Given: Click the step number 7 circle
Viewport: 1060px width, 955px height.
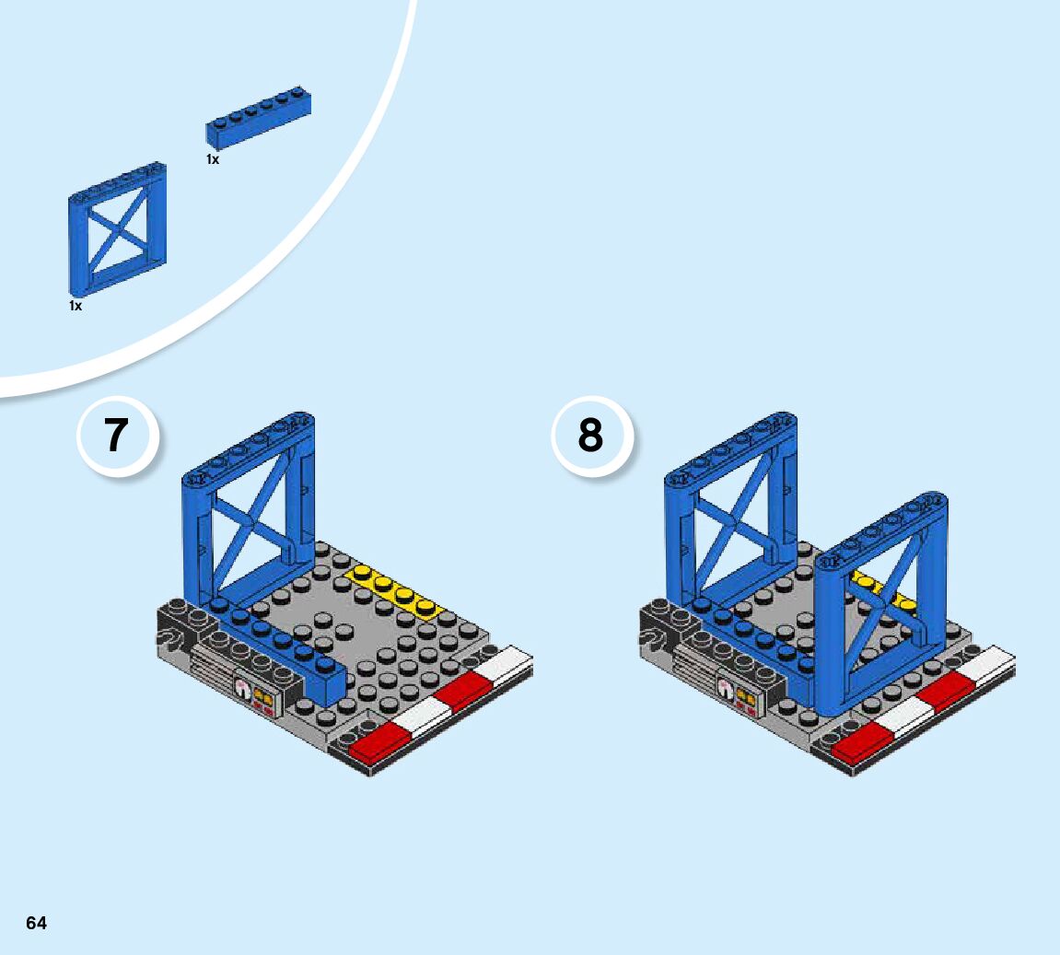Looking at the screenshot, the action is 114,437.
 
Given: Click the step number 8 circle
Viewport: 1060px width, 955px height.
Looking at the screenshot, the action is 590,437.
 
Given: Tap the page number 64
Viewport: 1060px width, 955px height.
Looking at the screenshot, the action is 36,923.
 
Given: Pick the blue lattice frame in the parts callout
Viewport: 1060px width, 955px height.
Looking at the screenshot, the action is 116,229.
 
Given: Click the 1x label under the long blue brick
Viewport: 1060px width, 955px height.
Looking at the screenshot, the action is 213,159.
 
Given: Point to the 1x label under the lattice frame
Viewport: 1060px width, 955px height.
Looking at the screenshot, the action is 76,306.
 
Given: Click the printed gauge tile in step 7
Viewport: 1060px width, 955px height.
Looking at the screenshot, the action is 255,698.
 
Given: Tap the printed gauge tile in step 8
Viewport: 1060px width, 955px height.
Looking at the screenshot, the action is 736,698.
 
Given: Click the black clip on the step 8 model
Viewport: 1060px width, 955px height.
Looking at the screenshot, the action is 652,639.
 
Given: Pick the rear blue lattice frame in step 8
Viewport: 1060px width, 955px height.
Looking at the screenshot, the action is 732,516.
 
